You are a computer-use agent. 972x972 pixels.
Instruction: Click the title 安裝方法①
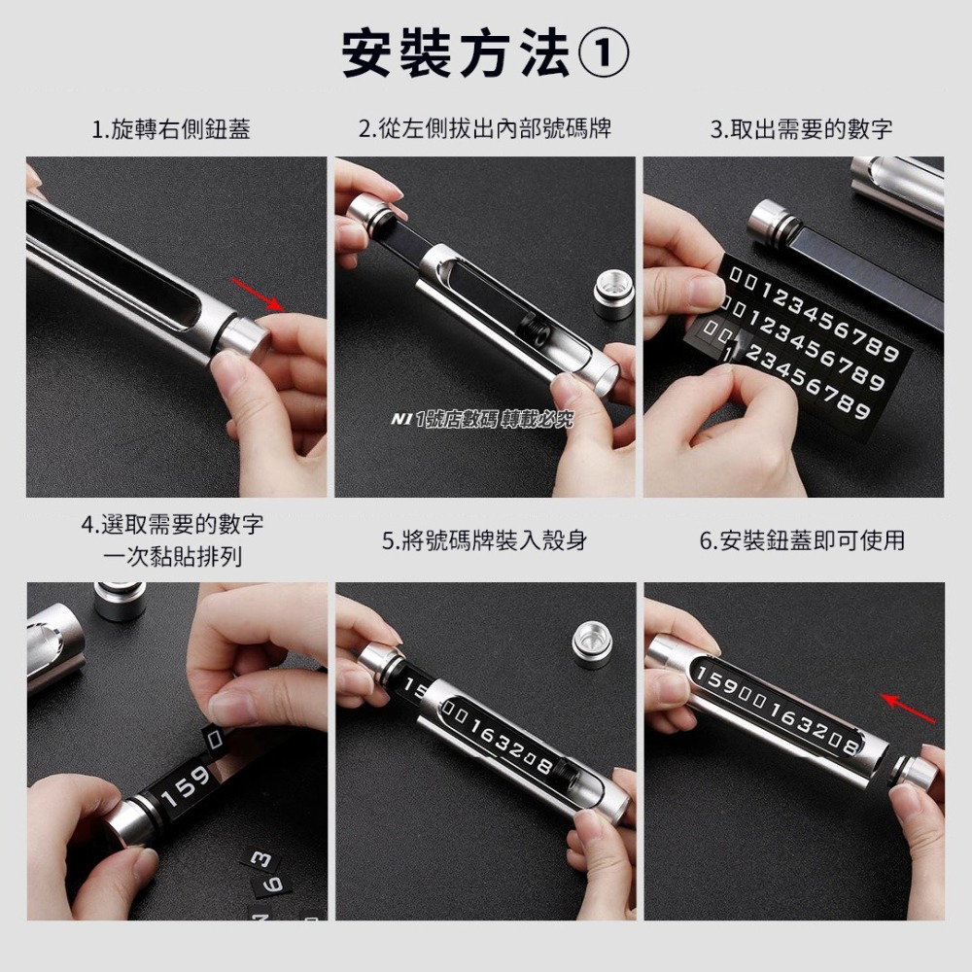tap(485, 53)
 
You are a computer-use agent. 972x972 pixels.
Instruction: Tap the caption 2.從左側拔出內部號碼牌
tap(485, 128)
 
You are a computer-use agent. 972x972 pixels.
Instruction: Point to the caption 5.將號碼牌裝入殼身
tap(484, 540)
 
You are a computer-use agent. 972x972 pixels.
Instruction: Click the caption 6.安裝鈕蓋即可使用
tap(802, 540)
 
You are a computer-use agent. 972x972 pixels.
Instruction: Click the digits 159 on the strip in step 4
tap(185, 787)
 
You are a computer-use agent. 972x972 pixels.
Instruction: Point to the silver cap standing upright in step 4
tap(121, 601)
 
